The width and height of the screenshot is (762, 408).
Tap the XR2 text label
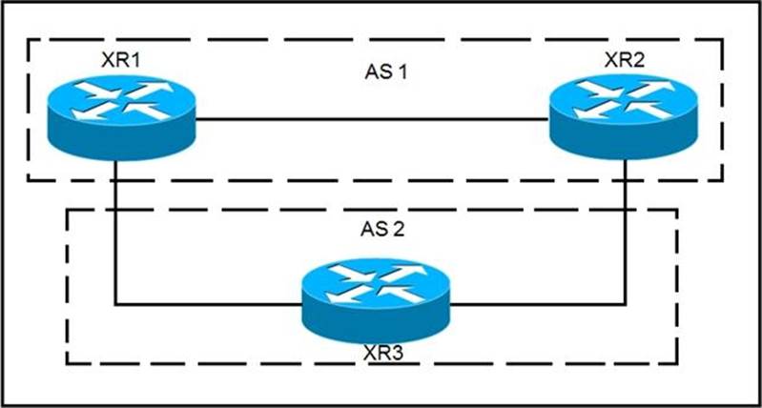pos(625,60)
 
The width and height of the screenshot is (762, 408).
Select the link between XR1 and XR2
pos(372,120)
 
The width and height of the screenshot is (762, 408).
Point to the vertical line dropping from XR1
pos(116,229)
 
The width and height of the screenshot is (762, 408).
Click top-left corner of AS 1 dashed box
pos(28,41)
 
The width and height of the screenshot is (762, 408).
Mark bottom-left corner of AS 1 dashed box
pos(28,180)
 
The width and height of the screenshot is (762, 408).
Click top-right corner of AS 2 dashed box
pos(676,209)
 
